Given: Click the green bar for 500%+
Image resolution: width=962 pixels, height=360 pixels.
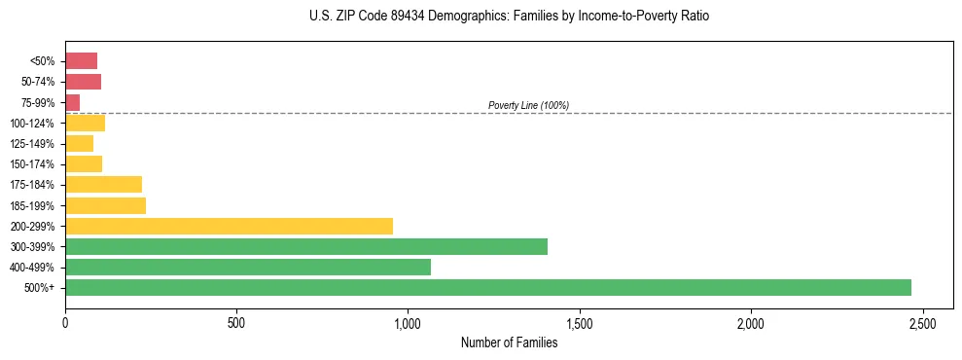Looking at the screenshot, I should [x=487, y=287].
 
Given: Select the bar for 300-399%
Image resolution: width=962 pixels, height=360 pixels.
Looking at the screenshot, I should [x=306, y=246].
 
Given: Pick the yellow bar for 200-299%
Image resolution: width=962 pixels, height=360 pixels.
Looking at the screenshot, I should [x=229, y=226].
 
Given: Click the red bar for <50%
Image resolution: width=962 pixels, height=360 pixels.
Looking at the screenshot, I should [x=81, y=61].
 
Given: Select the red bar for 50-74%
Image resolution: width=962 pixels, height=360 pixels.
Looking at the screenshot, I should [x=83, y=82].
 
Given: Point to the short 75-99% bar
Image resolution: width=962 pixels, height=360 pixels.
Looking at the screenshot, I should [x=73, y=102].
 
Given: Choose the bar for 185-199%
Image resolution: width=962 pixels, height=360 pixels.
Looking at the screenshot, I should [x=105, y=205].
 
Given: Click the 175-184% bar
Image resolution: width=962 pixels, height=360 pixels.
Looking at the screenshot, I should [x=103, y=185].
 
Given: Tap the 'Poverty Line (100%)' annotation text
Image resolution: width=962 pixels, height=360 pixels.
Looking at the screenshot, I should [x=528, y=105].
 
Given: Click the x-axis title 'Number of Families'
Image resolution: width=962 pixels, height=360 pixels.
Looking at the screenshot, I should [x=509, y=342].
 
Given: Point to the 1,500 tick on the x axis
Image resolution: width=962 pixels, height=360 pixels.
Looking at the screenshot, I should [x=580, y=322].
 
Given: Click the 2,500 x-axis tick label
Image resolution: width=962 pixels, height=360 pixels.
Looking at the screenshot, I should [x=922, y=322].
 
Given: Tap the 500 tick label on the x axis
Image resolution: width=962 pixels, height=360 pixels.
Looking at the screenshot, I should [x=236, y=322].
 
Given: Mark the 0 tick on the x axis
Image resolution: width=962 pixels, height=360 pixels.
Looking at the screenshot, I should [x=65, y=322].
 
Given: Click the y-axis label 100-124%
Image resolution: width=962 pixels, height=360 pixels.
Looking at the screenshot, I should [x=32, y=124].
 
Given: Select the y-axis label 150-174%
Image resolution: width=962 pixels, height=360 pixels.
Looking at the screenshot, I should [x=32, y=164].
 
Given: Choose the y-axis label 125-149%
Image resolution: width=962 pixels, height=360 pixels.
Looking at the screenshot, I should [x=32, y=144].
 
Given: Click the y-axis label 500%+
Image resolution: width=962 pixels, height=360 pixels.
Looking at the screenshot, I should [x=40, y=288].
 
